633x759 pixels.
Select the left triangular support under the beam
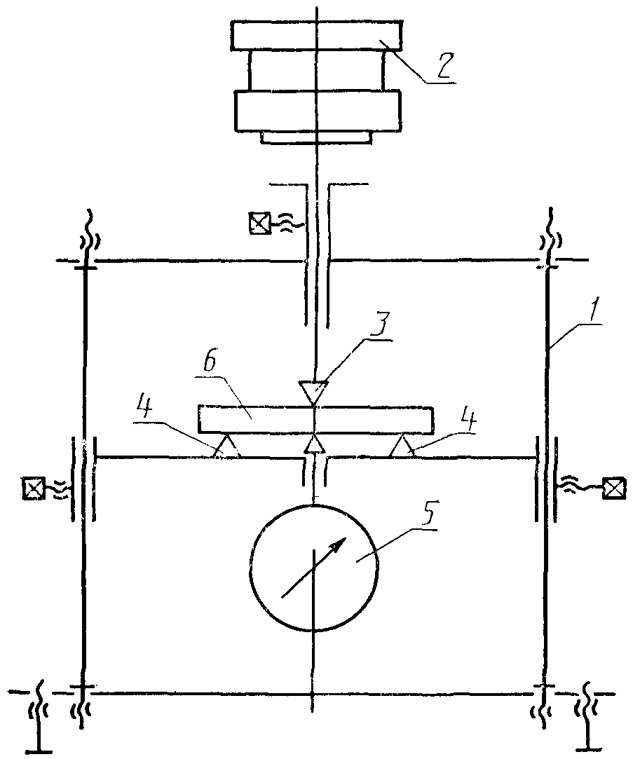226,445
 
